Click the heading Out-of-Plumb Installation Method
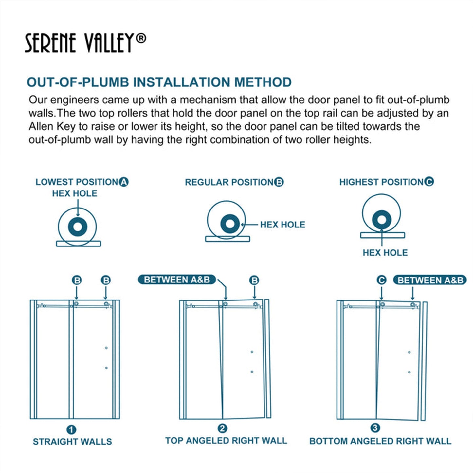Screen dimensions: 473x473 click(159, 82)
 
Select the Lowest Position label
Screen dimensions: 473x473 click(77, 182)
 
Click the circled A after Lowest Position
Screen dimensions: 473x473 click(124, 182)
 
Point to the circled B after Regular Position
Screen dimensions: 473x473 click(279, 182)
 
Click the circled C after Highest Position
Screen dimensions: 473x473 click(429, 182)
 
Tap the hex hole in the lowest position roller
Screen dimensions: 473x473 click(78, 227)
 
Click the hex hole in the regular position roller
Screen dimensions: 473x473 click(230, 224)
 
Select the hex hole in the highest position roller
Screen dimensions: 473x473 click(382, 220)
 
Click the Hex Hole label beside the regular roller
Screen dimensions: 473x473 click(282, 225)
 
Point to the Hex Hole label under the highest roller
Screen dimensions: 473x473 click(385, 253)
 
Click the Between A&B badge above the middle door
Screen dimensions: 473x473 click(177, 280)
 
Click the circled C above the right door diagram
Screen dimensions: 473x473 click(381, 280)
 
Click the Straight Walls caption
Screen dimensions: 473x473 click(72, 442)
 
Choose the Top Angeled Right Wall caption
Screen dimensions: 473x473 click(226, 441)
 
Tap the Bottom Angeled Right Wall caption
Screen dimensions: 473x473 click(380, 441)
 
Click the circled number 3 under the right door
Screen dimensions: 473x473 click(375, 428)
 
